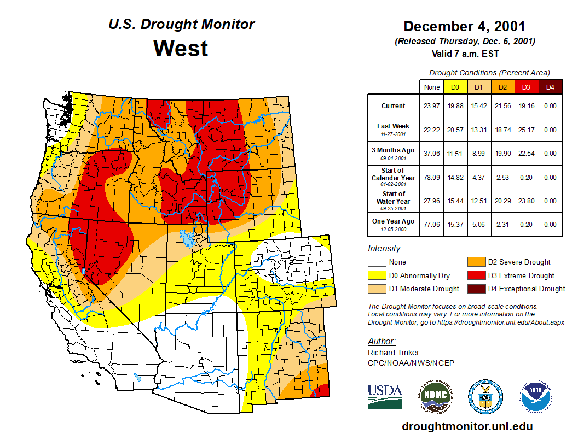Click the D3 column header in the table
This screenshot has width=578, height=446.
[x=526, y=87]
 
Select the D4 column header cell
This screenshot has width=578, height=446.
[x=550, y=87]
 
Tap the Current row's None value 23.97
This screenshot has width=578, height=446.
[x=431, y=106]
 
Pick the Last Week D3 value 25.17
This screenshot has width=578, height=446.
[x=526, y=130]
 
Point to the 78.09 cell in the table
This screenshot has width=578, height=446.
[x=431, y=178]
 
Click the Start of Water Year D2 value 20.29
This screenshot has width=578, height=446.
[x=502, y=201]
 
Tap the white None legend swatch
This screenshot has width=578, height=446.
[x=377, y=262]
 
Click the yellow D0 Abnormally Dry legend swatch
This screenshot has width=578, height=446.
[x=377, y=275]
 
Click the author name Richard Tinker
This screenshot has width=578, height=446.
[x=394, y=353]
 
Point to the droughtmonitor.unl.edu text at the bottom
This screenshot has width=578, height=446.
[x=467, y=426]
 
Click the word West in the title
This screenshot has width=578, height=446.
[x=181, y=48]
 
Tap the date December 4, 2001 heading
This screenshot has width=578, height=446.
[x=465, y=26]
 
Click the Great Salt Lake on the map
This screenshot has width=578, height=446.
[x=188, y=239]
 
